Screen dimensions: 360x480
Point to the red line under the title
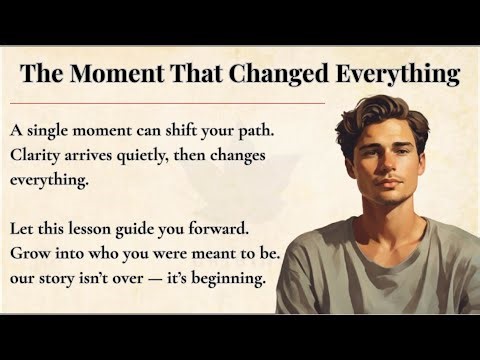170,102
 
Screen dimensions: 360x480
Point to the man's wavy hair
380,110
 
